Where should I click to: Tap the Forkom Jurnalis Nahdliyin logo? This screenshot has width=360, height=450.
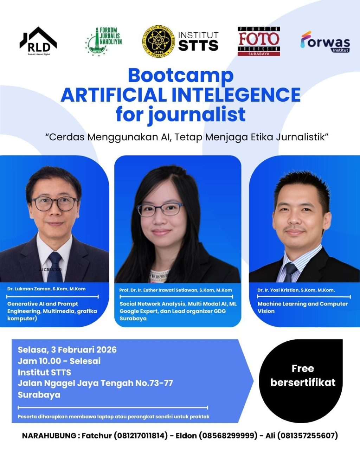click(104, 41)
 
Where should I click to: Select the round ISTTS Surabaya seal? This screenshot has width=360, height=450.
click(158, 41)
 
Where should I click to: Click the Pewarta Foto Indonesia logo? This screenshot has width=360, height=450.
click(258, 41)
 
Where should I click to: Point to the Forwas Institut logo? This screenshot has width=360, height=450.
click(325, 42)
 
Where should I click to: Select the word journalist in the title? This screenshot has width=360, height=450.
click(197, 115)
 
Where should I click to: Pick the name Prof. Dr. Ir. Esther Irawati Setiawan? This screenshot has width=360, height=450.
click(175, 290)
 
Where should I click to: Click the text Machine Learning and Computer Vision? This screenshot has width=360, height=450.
click(302, 307)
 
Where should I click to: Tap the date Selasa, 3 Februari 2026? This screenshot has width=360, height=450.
click(67, 349)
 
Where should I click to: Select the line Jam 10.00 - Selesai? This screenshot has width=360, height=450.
click(59, 361)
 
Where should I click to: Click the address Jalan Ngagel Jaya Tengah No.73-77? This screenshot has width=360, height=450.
click(95, 383)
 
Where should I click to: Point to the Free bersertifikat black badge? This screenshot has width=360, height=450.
click(302, 380)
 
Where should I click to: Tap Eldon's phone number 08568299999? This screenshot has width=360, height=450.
click(228, 436)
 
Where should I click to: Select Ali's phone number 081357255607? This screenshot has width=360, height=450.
click(307, 436)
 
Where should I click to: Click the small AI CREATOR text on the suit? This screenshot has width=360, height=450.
click(50, 270)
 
